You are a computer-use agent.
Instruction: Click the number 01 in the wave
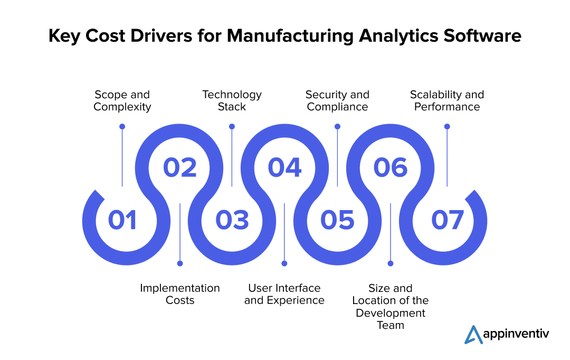[x=122, y=220]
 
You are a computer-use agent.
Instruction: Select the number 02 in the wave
[x=179, y=167]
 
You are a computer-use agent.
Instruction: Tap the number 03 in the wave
[x=232, y=220]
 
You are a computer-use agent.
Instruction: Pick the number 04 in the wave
[x=284, y=167]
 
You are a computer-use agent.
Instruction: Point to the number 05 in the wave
[x=337, y=220]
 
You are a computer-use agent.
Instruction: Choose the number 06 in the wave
[x=391, y=167]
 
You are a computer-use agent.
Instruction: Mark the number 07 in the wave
[x=448, y=220]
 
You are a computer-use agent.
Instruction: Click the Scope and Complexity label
[x=122, y=101]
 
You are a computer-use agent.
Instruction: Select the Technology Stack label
[x=232, y=101]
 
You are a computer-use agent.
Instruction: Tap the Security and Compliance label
[x=337, y=101]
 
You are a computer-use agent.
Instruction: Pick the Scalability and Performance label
[x=447, y=101]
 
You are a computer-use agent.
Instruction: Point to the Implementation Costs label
[x=180, y=294]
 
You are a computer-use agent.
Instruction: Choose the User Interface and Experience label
[x=284, y=294]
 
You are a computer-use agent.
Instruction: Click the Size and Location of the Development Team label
[x=391, y=307]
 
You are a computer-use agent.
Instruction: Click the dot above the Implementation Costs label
[x=180, y=263]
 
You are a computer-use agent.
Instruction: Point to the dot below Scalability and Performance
[x=447, y=127]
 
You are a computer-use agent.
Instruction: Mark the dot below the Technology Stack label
[x=232, y=127]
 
